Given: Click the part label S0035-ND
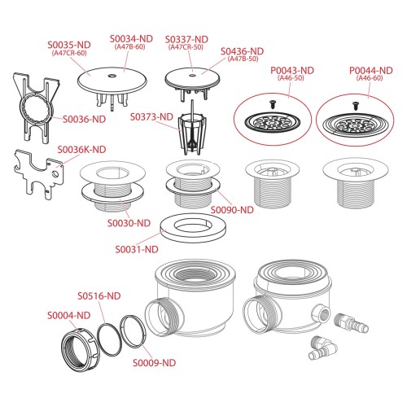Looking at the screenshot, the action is click(x=69, y=45).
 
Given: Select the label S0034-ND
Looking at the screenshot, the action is click(x=131, y=39).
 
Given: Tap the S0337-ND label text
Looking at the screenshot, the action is click(x=186, y=39).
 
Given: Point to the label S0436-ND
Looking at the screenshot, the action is click(x=242, y=51).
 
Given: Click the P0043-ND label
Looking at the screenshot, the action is click(x=292, y=71).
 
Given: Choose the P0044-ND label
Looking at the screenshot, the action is click(x=371, y=71).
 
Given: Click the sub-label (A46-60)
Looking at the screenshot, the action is click(x=370, y=78).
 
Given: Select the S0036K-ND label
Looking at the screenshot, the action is click(x=81, y=150).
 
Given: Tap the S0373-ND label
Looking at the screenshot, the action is click(x=151, y=117).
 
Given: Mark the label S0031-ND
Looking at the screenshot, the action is click(x=137, y=249).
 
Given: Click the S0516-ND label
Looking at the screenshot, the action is click(x=99, y=295).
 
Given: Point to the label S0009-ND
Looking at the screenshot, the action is click(x=154, y=363).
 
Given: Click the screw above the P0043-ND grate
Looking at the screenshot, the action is click(x=273, y=104).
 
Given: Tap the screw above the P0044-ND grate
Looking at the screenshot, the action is click(x=355, y=106).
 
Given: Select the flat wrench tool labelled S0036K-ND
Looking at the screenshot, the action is click(x=39, y=173).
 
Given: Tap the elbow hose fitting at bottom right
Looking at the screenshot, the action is click(x=323, y=348).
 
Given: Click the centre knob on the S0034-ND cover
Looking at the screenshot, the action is click(x=112, y=76).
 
